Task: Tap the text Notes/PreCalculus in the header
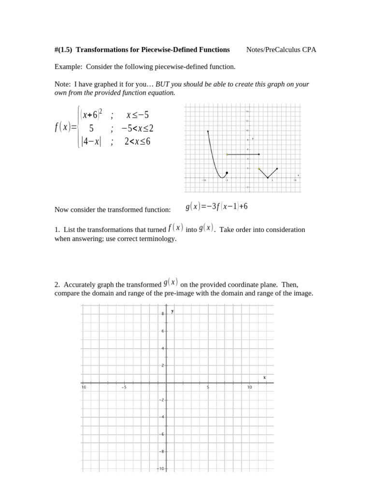click(273, 50)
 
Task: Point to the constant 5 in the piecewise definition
click(91, 128)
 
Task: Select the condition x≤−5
click(138, 115)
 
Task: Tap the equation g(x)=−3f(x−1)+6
click(216, 207)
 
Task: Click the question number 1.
click(57, 230)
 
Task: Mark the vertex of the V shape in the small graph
click(268, 178)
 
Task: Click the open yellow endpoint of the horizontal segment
click(227, 154)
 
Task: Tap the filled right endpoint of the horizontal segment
click(259, 154)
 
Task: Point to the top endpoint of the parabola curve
click(208, 131)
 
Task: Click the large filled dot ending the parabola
click(227, 173)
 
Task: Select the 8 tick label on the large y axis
click(163, 314)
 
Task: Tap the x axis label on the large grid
click(264, 377)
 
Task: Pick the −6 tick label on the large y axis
click(162, 434)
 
